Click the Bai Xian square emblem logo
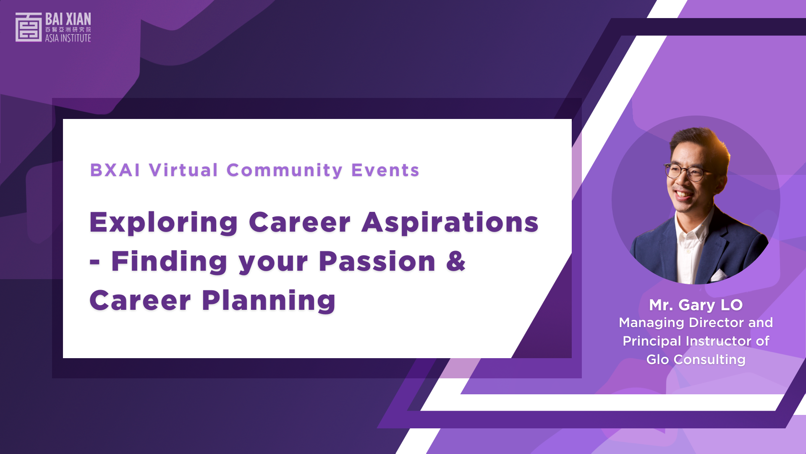tap(29, 27)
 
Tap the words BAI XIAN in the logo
tap(68, 19)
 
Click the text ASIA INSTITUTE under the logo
tap(68, 38)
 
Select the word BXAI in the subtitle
tap(115, 170)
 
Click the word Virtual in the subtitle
tap(183, 170)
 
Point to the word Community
tap(285, 171)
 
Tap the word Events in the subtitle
tap(385, 170)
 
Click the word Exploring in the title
tap(164, 223)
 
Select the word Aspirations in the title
tap(450, 223)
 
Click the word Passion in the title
tap(377, 261)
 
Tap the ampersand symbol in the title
tap(456, 261)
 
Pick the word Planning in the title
tap(269, 301)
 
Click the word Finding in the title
tap(169, 262)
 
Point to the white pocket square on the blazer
tap(718, 275)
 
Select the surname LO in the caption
tap(732, 305)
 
